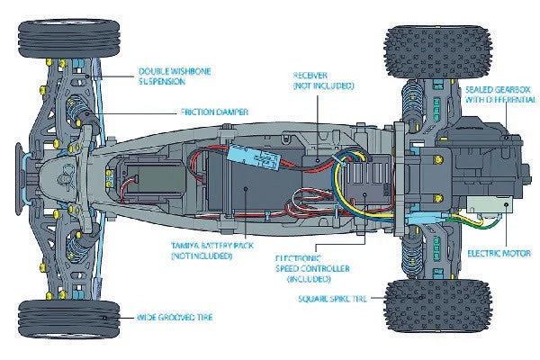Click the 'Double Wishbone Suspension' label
click(175, 75)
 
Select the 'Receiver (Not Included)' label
click(323, 80)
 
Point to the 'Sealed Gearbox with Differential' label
click(499, 95)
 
